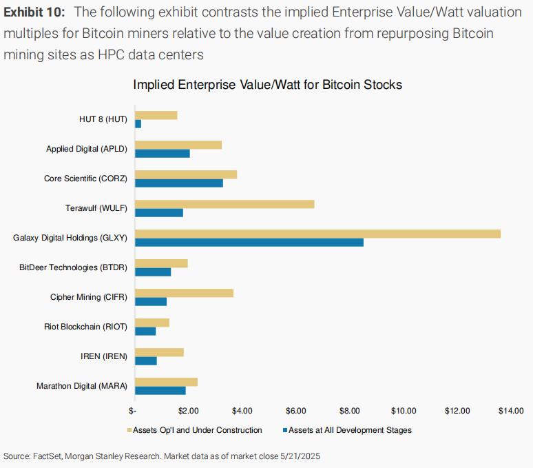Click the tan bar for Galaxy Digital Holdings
coord(317,234)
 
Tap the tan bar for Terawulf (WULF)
coord(224,203)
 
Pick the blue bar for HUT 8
coord(138,123)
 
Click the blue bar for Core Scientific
coord(179,183)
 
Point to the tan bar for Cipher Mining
coord(185,293)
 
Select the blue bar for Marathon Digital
coord(160,391)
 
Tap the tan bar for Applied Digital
coord(178,145)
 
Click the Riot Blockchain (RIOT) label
coord(85,327)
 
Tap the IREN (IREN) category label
coord(103,356)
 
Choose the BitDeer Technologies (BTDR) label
coord(74,267)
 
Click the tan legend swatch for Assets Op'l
coord(129,430)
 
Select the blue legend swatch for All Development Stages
coord(284,430)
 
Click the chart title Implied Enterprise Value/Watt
coord(267,85)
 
